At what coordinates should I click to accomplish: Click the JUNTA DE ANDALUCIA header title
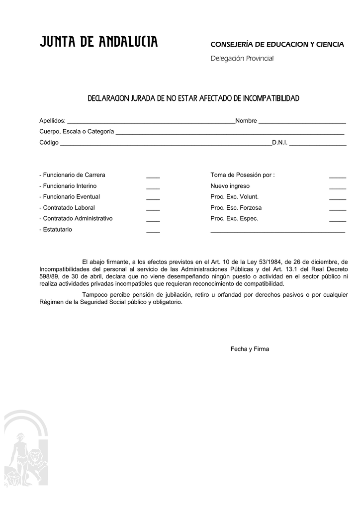point(98,43)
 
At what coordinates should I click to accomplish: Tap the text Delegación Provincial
point(242,59)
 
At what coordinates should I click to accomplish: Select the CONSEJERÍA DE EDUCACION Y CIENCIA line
point(277,45)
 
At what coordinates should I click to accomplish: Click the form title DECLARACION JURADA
point(193,98)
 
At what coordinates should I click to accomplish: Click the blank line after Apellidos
point(151,122)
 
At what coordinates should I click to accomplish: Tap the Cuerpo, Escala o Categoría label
point(77,132)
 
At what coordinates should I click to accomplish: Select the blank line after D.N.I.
point(318,144)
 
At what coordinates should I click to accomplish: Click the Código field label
point(49,143)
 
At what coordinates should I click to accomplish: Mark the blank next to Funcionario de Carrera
point(153,177)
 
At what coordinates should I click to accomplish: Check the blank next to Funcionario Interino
point(153,188)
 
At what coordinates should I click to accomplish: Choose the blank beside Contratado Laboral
point(153,210)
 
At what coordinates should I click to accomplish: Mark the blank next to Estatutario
point(153,232)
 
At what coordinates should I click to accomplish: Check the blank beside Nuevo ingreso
point(338,188)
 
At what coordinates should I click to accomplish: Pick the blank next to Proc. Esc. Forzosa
point(338,210)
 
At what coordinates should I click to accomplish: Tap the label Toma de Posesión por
point(243,175)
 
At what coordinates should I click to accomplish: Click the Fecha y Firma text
point(250,349)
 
